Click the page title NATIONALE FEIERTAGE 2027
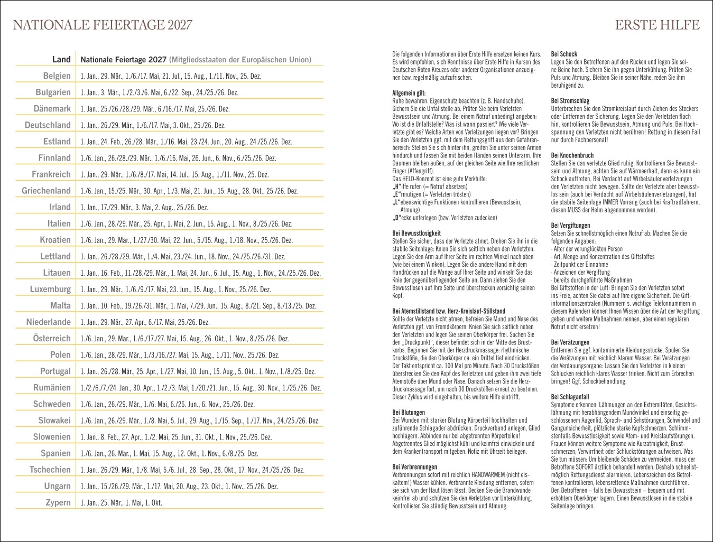tap(102, 25)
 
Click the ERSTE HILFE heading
tap(657, 25)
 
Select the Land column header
tap(61, 60)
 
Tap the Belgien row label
tap(57, 76)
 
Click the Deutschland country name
tap(48, 125)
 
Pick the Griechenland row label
tap(46, 191)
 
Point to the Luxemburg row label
tap(50, 289)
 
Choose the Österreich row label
tap(52, 339)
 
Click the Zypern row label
tap(58, 502)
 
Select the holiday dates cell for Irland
tap(144, 208)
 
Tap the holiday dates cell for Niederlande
tap(145, 322)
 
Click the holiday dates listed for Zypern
tap(121, 503)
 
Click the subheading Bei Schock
tap(564, 54)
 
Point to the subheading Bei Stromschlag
tap(570, 101)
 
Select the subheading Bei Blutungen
tap(409, 413)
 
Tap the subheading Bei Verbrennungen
tap(414, 467)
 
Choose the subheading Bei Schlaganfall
tap(570, 397)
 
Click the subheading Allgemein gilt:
tap(409, 93)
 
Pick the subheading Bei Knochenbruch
tap(572, 155)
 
